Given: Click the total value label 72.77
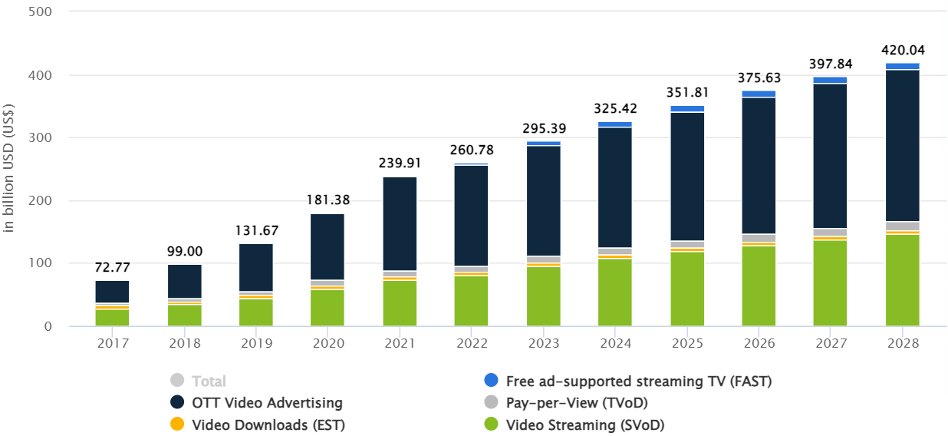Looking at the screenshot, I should pyautogui.click(x=112, y=268).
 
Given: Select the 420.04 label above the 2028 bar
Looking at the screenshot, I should pyautogui.click(x=903, y=51).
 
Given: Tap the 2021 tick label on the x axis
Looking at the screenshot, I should pyautogui.click(x=400, y=343).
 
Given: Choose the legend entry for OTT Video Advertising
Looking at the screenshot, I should pyautogui.click(x=267, y=402).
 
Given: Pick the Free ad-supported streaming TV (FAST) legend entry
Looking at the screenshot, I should pyautogui.click(x=638, y=381).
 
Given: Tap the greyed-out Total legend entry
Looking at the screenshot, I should pyautogui.click(x=209, y=381).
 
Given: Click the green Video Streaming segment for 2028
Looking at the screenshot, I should pyautogui.click(x=902, y=280).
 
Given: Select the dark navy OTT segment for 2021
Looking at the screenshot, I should pyautogui.click(x=400, y=223).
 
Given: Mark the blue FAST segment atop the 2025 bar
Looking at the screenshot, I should pyautogui.click(x=687, y=109).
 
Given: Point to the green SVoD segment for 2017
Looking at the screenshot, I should pyautogui.click(x=112, y=318).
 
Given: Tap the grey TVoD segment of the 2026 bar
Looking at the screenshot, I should pyautogui.click(x=759, y=238).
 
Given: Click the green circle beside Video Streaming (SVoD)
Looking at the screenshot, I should pyautogui.click(x=491, y=424).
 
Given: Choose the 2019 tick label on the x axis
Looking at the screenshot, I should pyautogui.click(x=256, y=343).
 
